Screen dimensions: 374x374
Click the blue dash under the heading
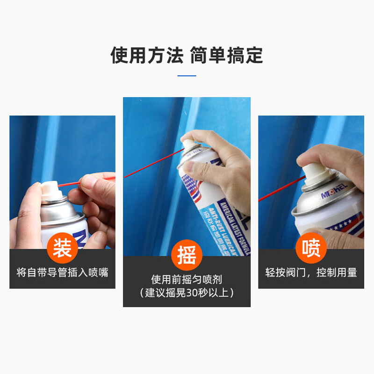pyautogui.click(x=187, y=75)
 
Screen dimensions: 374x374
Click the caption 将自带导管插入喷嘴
pyautogui.click(x=62, y=273)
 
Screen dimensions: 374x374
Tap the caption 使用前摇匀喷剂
pyautogui.click(x=187, y=280)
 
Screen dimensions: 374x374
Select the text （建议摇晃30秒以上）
pyautogui.click(x=187, y=293)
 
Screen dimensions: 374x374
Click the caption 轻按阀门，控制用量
pyautogui.click(x=311, y=273)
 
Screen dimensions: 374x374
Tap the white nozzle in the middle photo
pyautogui.click(x=188, y=144)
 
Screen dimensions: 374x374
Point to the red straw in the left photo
pyautogui.click(x=75, y=182)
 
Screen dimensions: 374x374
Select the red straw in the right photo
pyautogui.click(x=280, y=189)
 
